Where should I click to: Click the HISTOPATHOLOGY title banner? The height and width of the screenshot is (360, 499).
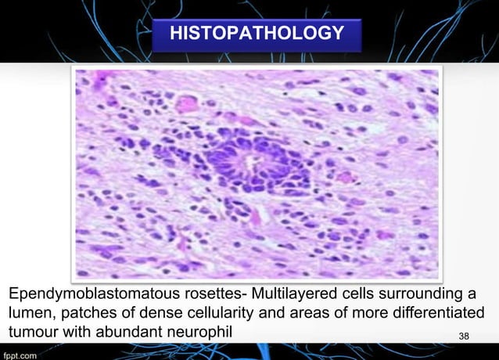point(257,34)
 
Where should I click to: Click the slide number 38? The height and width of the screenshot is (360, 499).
point(465,336)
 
